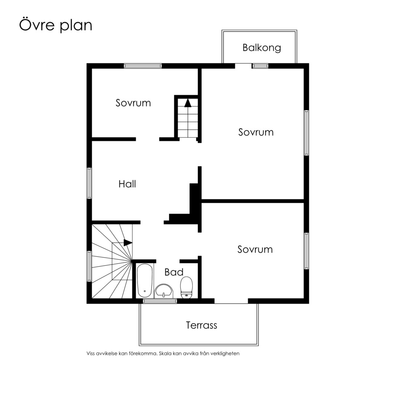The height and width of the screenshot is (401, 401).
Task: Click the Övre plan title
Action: pyautogui.click(x=55, y=25)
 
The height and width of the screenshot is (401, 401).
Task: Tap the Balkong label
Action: pyautogui.click(x=262, y=48)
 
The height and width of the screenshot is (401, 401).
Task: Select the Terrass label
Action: pyautogui.click(x=202, y=325)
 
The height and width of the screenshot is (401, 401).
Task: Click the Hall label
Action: pyautogui.click(x=127, y=184)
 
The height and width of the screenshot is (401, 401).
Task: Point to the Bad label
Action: pyautogui.click(x=174, y=272)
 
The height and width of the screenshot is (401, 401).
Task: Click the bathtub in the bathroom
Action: pyautogui.click(x=145, y=281)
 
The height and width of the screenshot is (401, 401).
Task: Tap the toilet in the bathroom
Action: pyautogui.click(x=186, y=288)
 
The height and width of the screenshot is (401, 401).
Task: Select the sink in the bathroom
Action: pyautogui.click(x=164, y=291)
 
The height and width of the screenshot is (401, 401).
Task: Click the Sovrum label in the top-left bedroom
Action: pyautogui.click(x=133, y=103)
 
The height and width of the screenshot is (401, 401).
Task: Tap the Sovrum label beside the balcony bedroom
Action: pyautogui.click(x=256, y=132)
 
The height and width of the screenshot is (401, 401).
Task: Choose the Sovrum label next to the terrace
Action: pyautogui.click(x=255, y=250)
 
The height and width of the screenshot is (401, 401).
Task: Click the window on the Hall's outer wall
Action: pyautogui.click(x=89, y=183)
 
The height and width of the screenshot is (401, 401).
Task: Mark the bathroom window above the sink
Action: pyautogui.click(x=160, y=301)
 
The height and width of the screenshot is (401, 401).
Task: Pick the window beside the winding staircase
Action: pyautogui.click(x=89, y=266)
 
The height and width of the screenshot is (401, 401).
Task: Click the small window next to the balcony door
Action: pyautogui.click(x=260, y=66)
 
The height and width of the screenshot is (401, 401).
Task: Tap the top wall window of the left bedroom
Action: pyautogui.click(x=143, y=66)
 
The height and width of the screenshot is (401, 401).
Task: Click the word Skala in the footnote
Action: pyautogui.click(x=165, y=354)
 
